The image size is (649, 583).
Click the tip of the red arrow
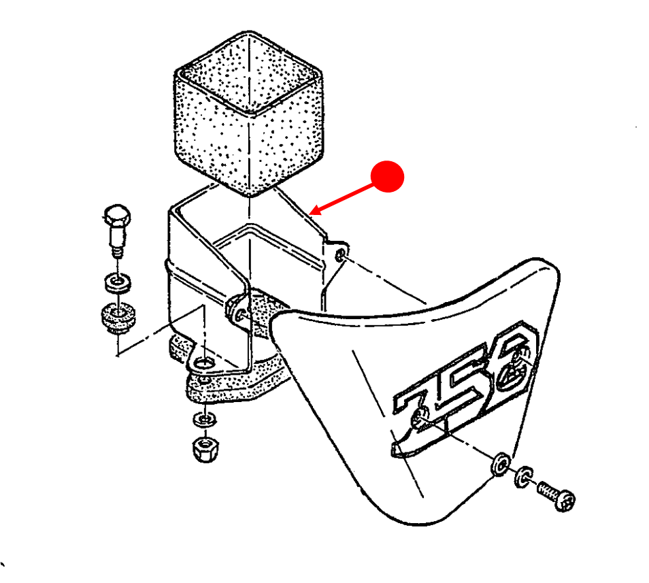pyautogui.click(x=310, y=214)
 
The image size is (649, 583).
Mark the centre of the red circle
pyautogui.click(x=387, y=176)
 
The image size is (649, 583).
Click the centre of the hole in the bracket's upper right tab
pyautogui.click(x=340, y=254)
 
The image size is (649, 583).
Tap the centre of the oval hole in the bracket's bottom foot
pyautogui.click(x=203, y=363)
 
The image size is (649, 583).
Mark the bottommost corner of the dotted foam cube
pyautogui.click(x=248, y=197)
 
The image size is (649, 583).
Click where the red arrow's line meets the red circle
pyautogui.click(x=373, y=185)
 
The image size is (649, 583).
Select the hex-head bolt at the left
pyautogui.click(x=117, y=231)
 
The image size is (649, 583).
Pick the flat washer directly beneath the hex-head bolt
pyautogui.click(x=118, y=282)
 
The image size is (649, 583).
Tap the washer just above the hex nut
pyautogui.click(x=204, y=420)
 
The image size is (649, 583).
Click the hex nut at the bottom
pyautogui.click(x=205, y=449)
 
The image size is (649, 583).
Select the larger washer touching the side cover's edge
pyautogui.click(x=501, y=464)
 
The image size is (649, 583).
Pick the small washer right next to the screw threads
pyautogui.click(x=523, y=477)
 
